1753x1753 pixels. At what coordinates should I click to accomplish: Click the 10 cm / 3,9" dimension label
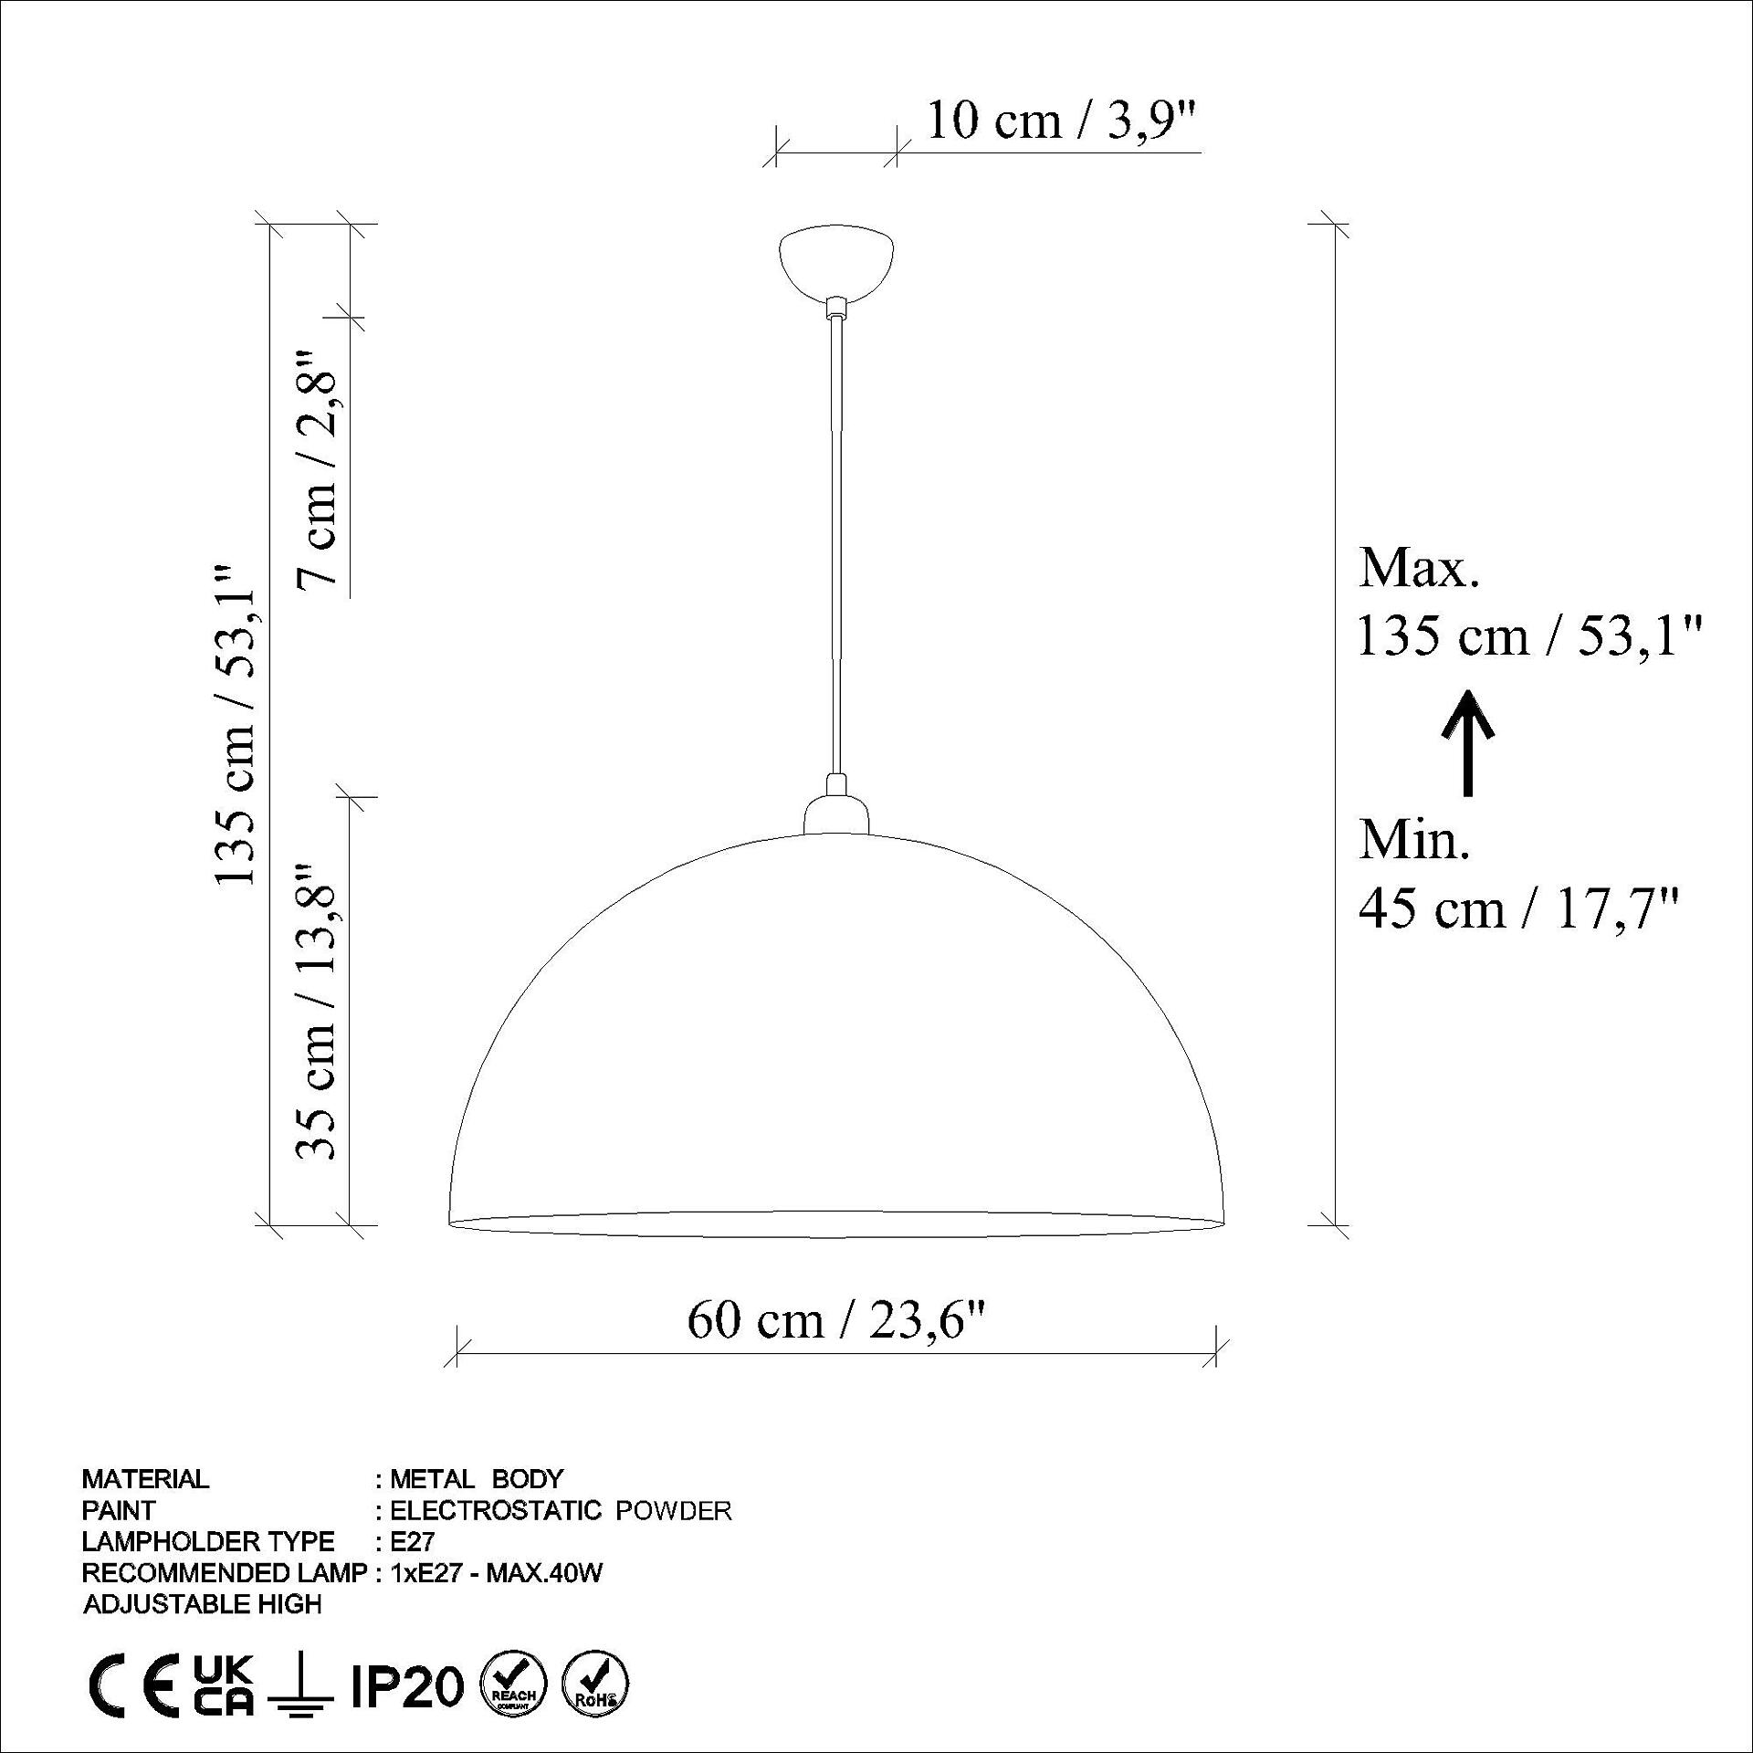click(1061, 121)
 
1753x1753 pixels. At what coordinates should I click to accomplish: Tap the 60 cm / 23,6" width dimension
click(837, 1320)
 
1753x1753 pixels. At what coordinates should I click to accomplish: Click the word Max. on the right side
click(1419, 568)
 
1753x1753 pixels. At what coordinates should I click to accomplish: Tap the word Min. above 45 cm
click(1414, 839)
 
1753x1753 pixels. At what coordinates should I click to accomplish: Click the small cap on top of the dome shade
click(835, 813)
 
